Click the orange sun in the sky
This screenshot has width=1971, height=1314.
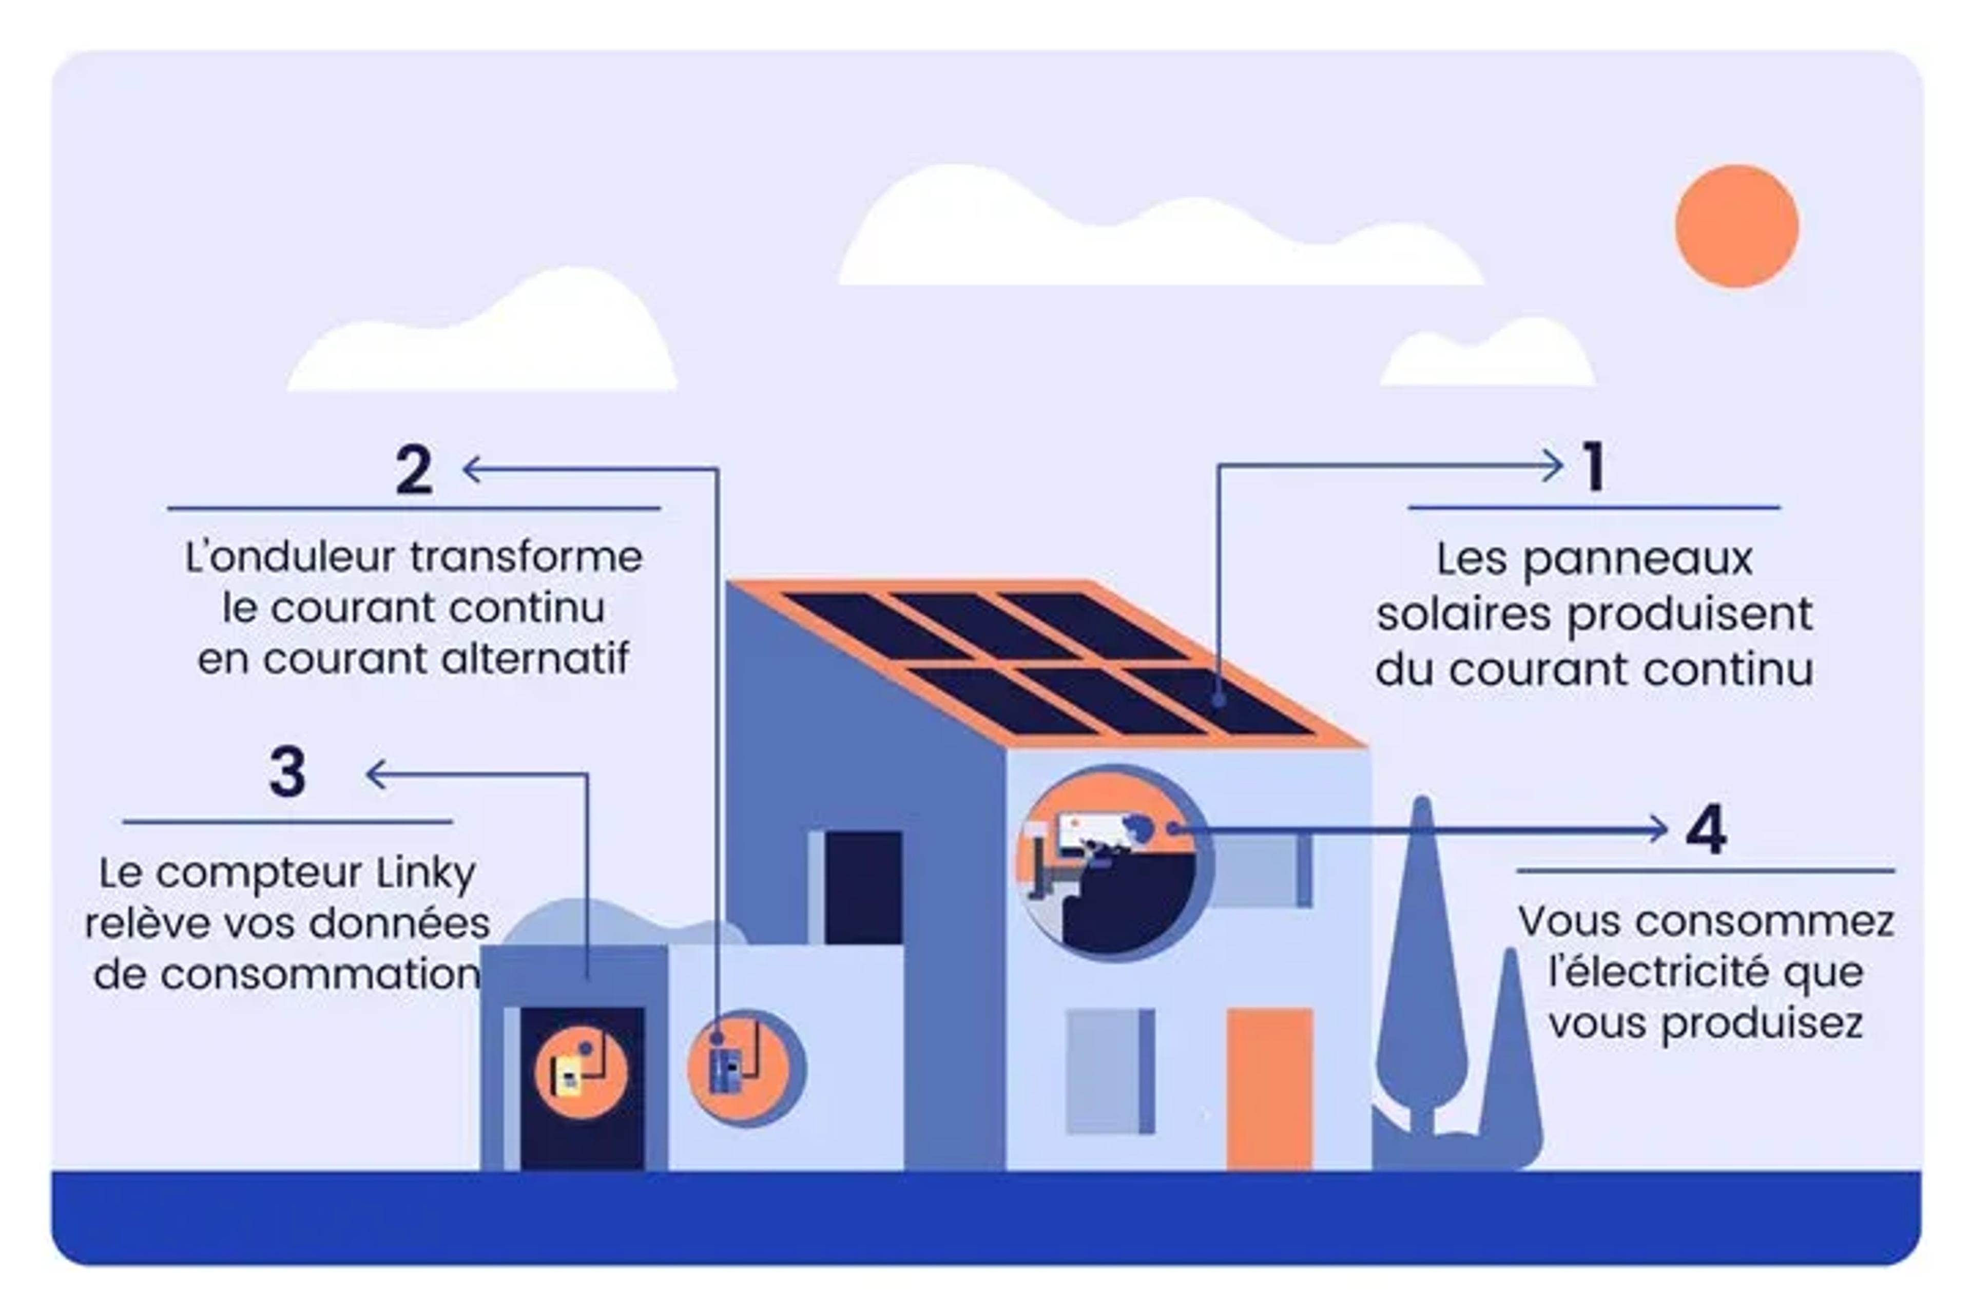point(1736,226)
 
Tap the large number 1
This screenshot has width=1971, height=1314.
point(1594,467)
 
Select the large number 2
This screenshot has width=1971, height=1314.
point(414,469)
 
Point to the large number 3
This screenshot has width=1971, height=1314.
point(287,771)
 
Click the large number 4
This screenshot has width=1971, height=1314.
point(1706,829)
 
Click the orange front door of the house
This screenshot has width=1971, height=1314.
point(1269,1089)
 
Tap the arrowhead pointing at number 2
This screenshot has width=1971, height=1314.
point(472,469)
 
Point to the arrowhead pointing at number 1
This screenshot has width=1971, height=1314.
point(1553,466)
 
